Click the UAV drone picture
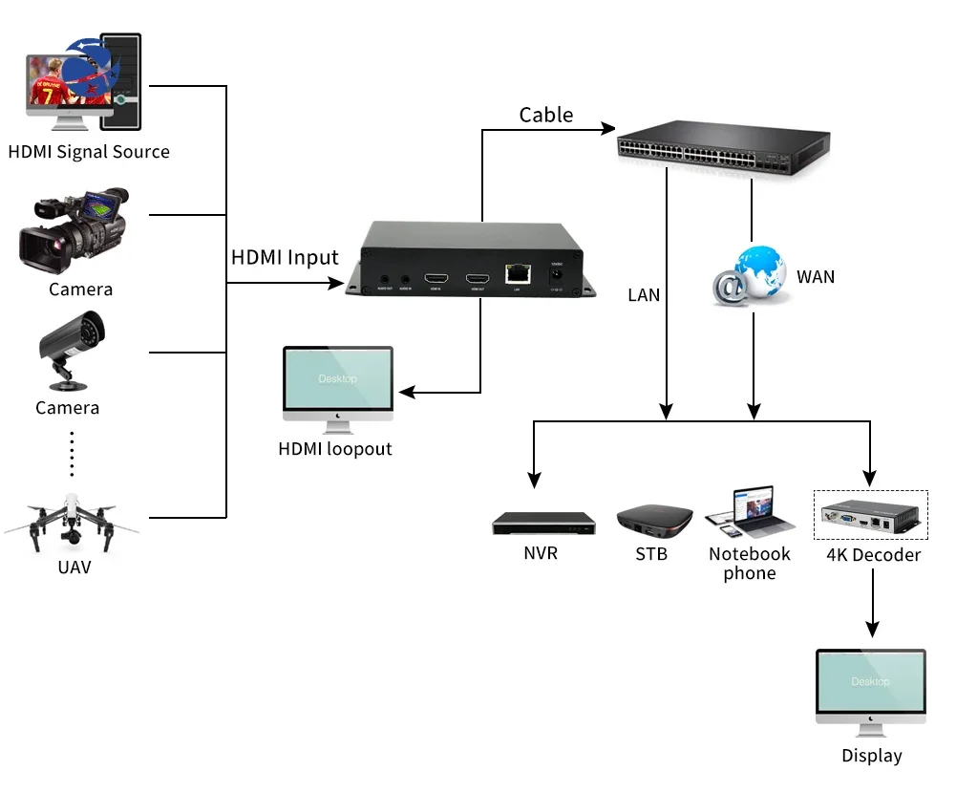point(71,521)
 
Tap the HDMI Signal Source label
point(89,152)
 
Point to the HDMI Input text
point(285,258)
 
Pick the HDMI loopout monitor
point(338,386)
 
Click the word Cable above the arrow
point(546,116)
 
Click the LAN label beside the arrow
point(644,295)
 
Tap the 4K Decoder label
point(873,555)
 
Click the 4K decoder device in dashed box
point(869,517)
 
